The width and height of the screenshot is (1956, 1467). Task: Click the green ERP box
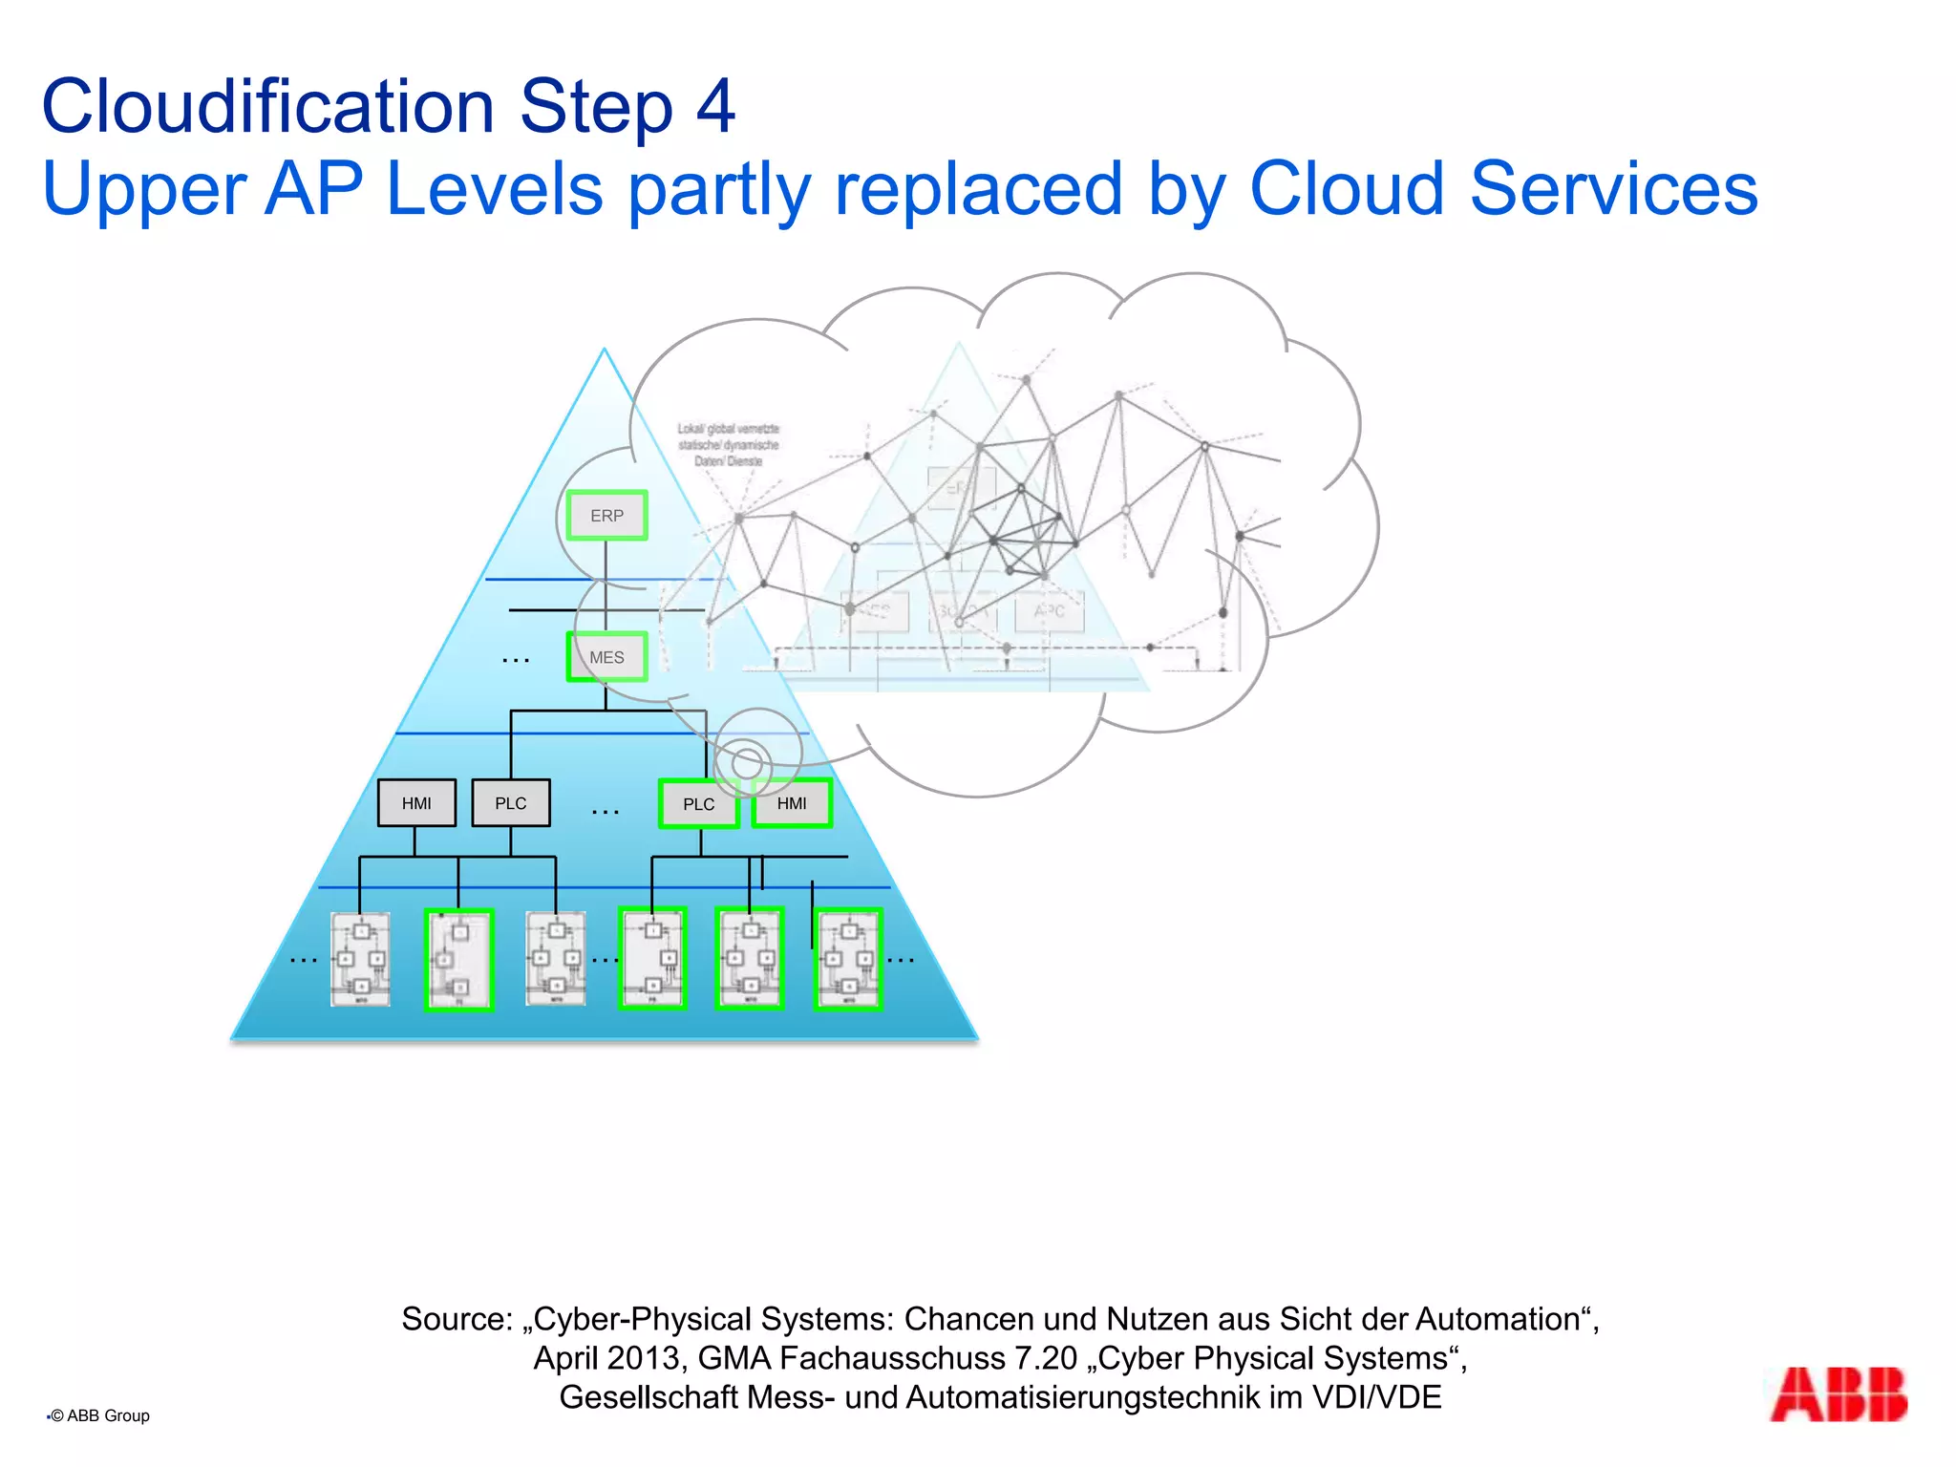tap(606, 516)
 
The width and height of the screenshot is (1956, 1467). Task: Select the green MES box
tap(606, 657)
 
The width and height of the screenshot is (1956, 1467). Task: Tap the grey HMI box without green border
tap(416, 803)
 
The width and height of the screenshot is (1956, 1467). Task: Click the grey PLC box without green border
tap(511, 803)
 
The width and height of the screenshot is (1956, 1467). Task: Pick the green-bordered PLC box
tap(698, 804)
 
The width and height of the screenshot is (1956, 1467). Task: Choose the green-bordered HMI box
tap(792, 803)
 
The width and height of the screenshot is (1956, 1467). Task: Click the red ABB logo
tap(1838, 1395)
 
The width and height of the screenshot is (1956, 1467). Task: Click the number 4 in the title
tap(715, 106)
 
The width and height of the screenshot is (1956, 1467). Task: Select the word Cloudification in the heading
tap(267, 106)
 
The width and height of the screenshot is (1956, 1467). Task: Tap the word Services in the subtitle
tap(1613, 189)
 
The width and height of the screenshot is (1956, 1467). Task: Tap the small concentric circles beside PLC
tap(748, 763)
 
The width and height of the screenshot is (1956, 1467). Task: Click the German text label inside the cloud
tap(729, 445)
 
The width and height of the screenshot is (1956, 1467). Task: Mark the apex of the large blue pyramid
tap(605, 351)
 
